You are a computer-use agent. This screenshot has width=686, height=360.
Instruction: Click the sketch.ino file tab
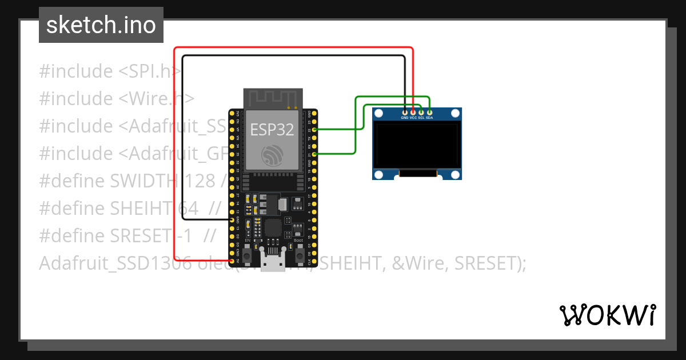(x=101, y=25)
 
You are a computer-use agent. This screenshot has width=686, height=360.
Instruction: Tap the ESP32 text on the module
(x=272, y=130)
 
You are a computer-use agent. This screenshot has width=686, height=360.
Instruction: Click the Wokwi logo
(x=607, y=315)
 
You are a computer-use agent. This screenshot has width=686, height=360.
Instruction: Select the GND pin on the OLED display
(x=405, y=112)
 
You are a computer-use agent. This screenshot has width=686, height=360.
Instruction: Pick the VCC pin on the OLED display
(x=413, y=112)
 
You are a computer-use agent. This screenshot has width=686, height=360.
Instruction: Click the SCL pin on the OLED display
(x=421, y=112)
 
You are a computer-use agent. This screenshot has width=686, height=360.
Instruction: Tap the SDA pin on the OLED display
(x=429, y=112)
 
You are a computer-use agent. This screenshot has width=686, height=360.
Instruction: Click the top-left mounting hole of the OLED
(x=378, y=114)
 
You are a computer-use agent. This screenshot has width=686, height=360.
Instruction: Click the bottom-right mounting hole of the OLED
(x=455, y=174)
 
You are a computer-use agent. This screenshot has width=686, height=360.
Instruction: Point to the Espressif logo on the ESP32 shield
(x=272, y=155)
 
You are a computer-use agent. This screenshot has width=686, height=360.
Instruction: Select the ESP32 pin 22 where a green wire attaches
(x=314, y=130)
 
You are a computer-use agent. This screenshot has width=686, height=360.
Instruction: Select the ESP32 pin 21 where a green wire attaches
(x=314, y=154)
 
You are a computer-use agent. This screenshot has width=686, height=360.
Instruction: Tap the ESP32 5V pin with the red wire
(x=232, y=261)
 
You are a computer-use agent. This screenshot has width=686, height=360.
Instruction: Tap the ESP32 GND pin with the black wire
(x=232, y=220)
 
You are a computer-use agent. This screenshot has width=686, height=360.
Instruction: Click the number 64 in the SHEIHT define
(x=188, y=209)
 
